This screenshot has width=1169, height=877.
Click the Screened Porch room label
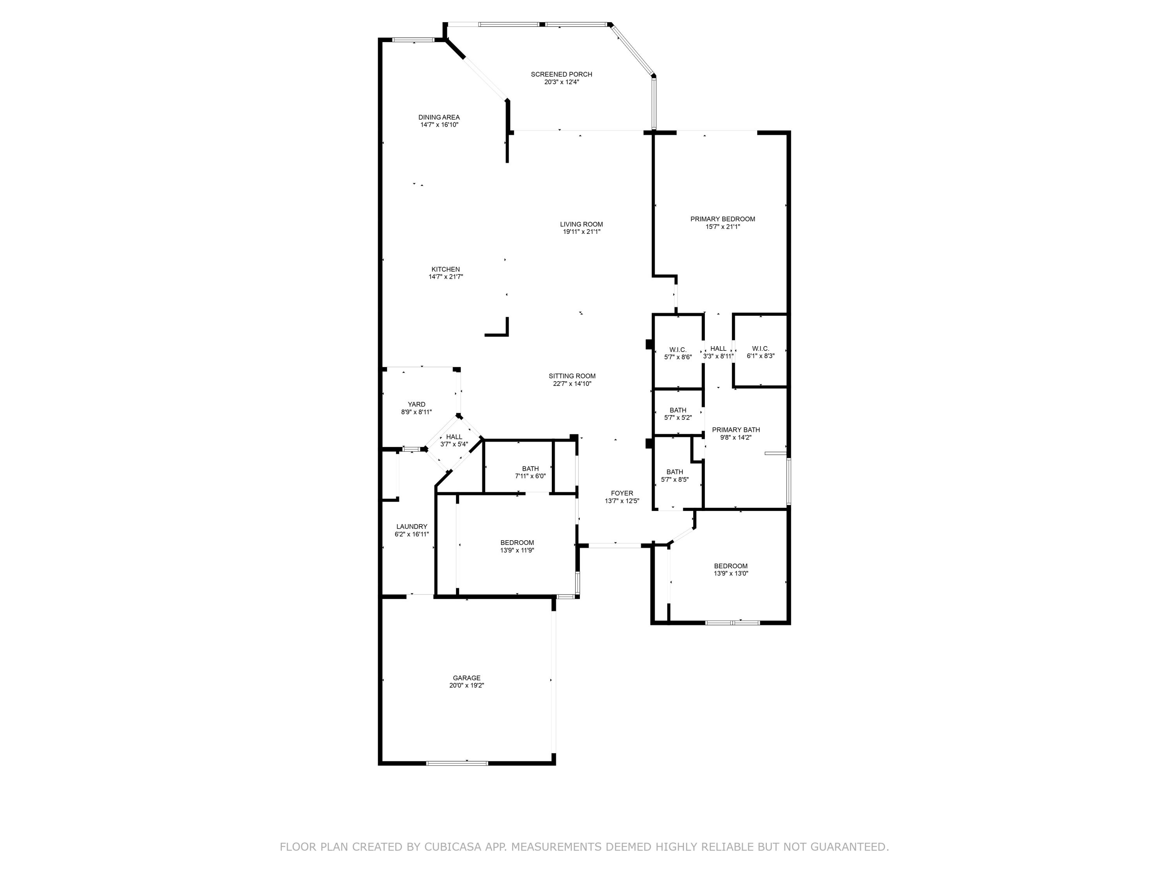561,74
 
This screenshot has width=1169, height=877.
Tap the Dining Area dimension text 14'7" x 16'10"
439,125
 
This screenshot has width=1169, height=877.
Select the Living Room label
581,224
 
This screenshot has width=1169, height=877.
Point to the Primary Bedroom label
722,219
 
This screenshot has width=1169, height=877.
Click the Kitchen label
445,269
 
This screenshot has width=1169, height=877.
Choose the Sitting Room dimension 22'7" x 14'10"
572,384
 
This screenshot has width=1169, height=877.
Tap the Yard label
417,405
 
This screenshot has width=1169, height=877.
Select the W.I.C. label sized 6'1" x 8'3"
761,348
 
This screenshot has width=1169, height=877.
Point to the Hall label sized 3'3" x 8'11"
718,348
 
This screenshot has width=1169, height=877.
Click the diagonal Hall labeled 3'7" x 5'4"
454,437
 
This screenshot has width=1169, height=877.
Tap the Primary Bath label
736,430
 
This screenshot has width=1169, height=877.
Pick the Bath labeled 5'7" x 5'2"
678,410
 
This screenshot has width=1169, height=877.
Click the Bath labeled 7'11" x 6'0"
530,469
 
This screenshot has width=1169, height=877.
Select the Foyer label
622,493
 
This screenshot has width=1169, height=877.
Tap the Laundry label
412,527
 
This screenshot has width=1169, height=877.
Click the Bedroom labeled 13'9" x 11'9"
517,543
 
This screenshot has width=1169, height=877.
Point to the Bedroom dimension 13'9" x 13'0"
731,574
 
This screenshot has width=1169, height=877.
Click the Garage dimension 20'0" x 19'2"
467,686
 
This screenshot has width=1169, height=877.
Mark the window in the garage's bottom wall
457,763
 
